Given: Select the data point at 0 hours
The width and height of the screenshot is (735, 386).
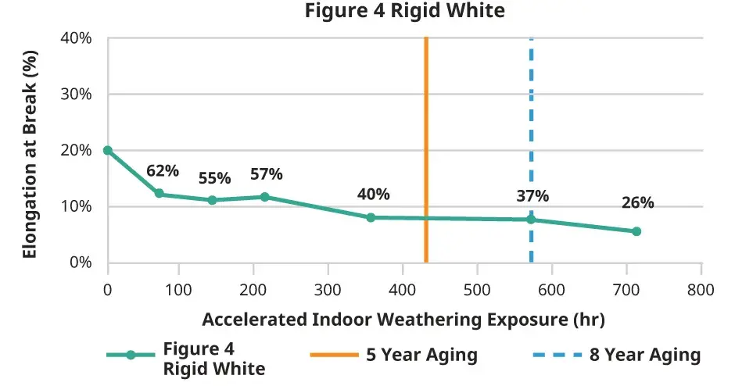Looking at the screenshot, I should click(x=108, y=150).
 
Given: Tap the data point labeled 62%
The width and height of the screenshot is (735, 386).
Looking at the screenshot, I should click(x=159, y=194).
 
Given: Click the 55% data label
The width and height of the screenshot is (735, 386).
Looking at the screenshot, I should click(x=213, y=178).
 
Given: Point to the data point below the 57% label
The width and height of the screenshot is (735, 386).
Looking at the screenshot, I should click(x=264, y=197).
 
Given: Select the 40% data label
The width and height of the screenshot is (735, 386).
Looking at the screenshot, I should click(x=373, y=195).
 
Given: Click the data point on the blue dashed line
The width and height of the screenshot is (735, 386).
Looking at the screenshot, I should click(x=531, y=220).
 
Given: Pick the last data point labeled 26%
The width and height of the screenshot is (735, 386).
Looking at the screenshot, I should click(x=636, y=231).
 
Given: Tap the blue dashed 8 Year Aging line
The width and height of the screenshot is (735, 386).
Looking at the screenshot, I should click(x=531, y=117).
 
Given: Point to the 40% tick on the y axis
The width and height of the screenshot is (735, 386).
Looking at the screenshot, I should click(x=77, y=38).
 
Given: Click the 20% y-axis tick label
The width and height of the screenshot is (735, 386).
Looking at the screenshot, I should click(x=77, y=150).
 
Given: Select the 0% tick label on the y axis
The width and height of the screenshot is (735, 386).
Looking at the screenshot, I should click(x=81, y=263).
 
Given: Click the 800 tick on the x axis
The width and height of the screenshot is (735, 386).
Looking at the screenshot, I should click(x=701, y=289).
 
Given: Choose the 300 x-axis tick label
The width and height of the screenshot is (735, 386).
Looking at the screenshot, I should click(x=328, y=289).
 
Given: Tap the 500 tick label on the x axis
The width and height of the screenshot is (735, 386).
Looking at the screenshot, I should click(x=477, y=289).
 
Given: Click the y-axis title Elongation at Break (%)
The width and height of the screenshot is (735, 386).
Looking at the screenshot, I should click(x=29, y=151).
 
